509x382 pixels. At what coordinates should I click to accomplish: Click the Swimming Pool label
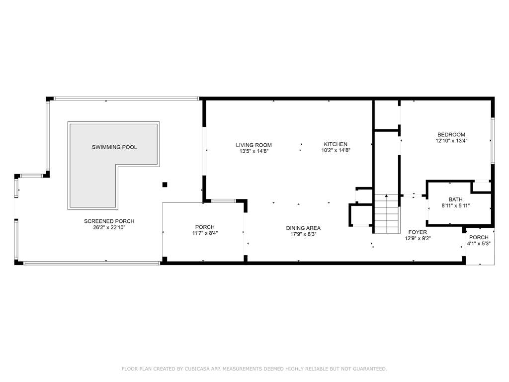click(x=114, y=147)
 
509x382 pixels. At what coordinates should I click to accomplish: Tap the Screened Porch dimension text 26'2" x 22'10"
click(x=109, y=227)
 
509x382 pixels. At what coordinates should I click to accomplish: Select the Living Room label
click(x=254, y=145)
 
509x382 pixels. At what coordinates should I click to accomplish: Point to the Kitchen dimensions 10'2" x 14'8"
click(x=336, y=150)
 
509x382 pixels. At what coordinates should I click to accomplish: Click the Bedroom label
click(x=451, y=134)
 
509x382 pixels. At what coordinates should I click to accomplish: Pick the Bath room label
click(x=456, y=199)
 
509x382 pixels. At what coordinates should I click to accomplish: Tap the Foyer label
click(x=418, y=232)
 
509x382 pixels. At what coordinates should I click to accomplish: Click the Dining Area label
click(x=303, y=228)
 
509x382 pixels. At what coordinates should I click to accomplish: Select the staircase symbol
click(x=387, y=213)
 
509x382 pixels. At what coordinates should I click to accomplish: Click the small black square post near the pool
click(x=165, y=185)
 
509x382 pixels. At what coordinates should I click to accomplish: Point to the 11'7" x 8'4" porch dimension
click(x=205, y=233)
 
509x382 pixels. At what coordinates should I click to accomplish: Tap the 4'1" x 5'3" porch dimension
click(x=479, y=244)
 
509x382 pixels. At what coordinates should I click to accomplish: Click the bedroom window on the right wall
click(x=493, y=140)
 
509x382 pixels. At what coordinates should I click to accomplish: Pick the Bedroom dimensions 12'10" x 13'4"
click(x=451, y=141)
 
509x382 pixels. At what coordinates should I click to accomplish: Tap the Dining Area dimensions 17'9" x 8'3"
click(x=303, y=234)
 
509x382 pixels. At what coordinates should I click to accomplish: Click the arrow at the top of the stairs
click(x=386, y=196)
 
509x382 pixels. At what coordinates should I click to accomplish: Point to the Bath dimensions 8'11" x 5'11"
click(x=456, y=205)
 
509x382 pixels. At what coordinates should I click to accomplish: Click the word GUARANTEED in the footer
click(x=370, y=369)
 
